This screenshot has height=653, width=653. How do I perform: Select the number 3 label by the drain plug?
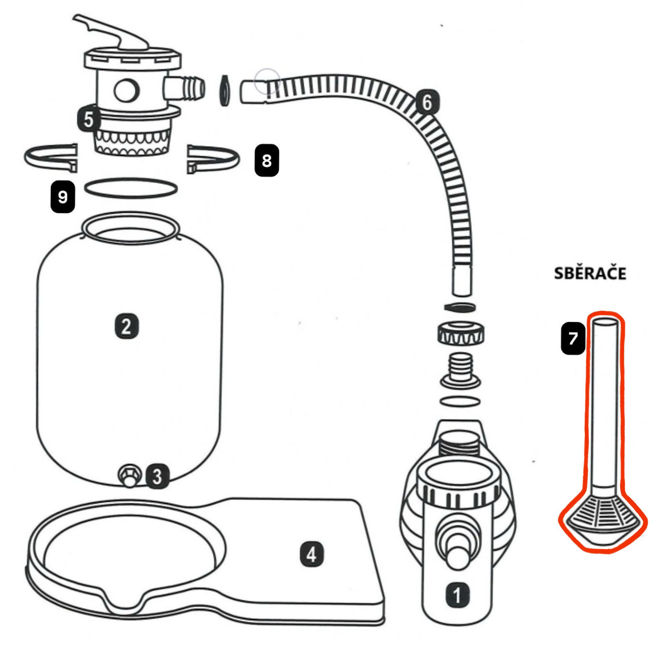(x=158, y=477)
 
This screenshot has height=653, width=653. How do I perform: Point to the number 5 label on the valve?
(x=89, y=119)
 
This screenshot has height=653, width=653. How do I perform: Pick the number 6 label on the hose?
(x=427, y=102)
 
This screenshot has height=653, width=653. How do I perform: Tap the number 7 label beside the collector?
(x=573, y=339)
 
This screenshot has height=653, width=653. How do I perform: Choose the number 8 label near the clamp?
(x=267, y=161)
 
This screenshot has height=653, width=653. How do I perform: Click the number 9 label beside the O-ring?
(x=62, y=197)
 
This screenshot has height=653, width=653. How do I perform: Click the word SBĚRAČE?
(x=590, y=273)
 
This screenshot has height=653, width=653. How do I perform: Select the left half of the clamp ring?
(x=51, y=158)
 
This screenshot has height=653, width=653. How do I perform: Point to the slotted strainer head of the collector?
(x=603, y=520)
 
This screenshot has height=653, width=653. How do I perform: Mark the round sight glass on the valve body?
(x=127, y=91)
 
